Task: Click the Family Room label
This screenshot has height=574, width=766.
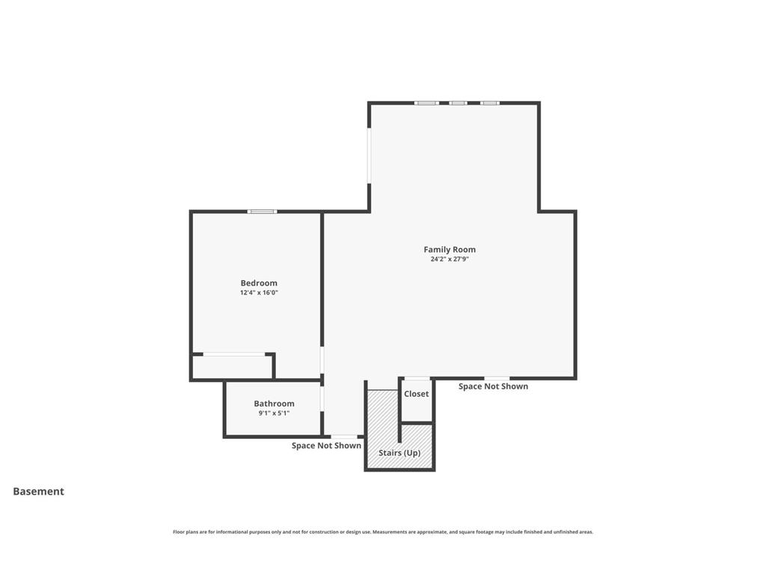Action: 450,250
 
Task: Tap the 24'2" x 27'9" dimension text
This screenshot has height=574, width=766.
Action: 450,259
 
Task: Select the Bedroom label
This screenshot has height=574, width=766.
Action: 259,283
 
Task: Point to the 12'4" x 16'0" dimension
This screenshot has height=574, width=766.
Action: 259,293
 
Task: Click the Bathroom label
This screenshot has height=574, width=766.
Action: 274,404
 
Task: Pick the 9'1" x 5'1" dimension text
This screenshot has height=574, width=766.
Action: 274,413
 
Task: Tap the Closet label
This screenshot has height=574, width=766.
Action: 416,394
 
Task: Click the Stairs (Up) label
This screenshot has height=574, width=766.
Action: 399,453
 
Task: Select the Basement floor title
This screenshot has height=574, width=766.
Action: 39,492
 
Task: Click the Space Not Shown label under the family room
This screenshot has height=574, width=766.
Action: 494,386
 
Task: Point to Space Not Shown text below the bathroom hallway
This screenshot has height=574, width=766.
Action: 326,445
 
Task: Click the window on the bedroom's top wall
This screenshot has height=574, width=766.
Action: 263,212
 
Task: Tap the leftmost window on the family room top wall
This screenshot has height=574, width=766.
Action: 426,103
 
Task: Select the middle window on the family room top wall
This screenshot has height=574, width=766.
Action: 459,103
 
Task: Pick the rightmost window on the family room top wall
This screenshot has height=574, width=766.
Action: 490,103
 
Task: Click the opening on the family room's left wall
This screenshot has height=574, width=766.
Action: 369,155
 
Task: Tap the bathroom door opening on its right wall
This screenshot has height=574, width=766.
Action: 322,399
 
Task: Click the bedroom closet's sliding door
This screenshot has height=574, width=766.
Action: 234,354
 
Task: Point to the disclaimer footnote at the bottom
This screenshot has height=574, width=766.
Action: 383,532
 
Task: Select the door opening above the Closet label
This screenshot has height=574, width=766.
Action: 417,378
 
